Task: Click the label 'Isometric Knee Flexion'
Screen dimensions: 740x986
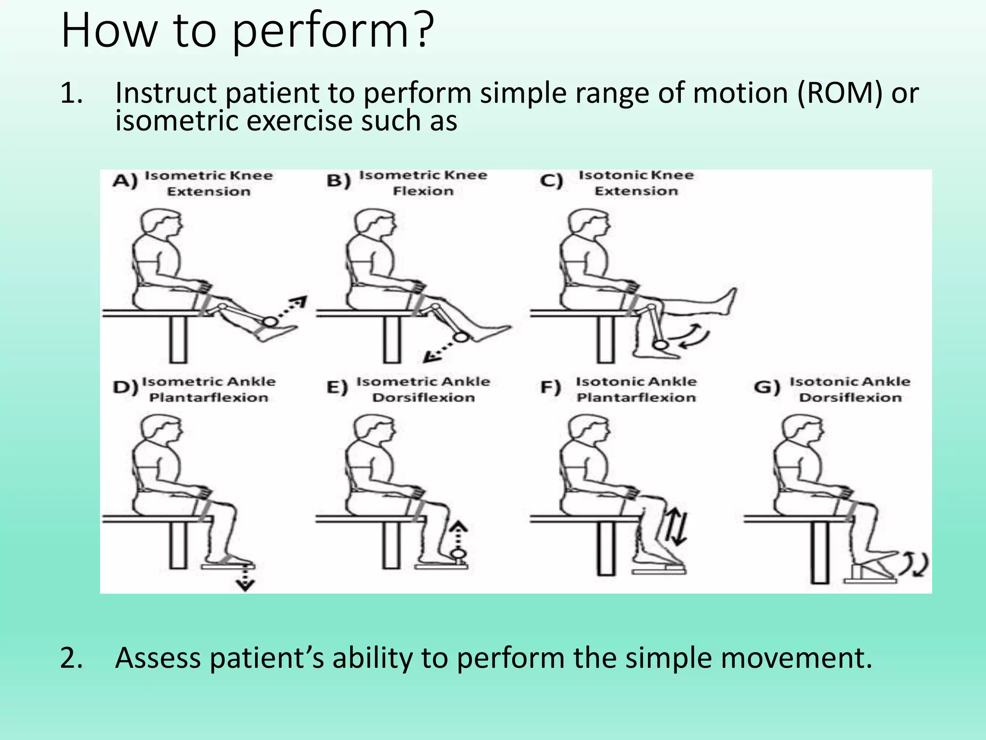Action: point(423,183)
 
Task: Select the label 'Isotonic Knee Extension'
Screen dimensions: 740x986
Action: point(636,183)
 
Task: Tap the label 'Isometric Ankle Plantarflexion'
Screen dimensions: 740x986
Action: point(208,390)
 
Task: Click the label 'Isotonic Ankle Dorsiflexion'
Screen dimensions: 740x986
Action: point(850,390)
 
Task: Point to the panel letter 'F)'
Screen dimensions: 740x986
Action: point(550,388)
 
